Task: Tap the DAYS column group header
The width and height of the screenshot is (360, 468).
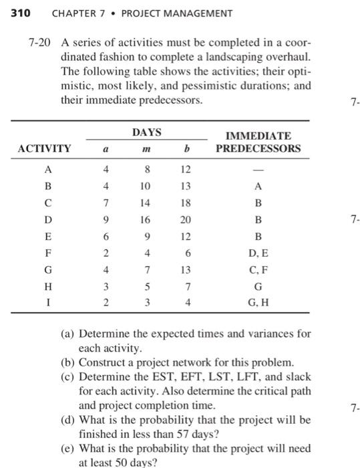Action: [x=147, y=132]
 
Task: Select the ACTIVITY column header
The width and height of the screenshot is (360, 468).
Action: [x=43, y=148]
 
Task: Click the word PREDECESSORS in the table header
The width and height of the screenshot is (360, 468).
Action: [x=258, y=148]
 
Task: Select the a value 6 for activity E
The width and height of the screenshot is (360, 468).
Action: [x=106, y=236]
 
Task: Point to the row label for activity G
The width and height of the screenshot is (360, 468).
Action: [x=47, y=269]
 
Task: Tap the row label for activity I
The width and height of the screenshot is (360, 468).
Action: [x=47, y=303]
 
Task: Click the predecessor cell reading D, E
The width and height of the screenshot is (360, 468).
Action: [x=258, y=253]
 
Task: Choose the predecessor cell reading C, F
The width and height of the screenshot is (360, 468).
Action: [x=258, y=269]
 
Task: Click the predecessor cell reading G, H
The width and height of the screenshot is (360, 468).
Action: [x=258, y=303]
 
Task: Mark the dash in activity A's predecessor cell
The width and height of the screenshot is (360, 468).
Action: [x=258, y=169]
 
